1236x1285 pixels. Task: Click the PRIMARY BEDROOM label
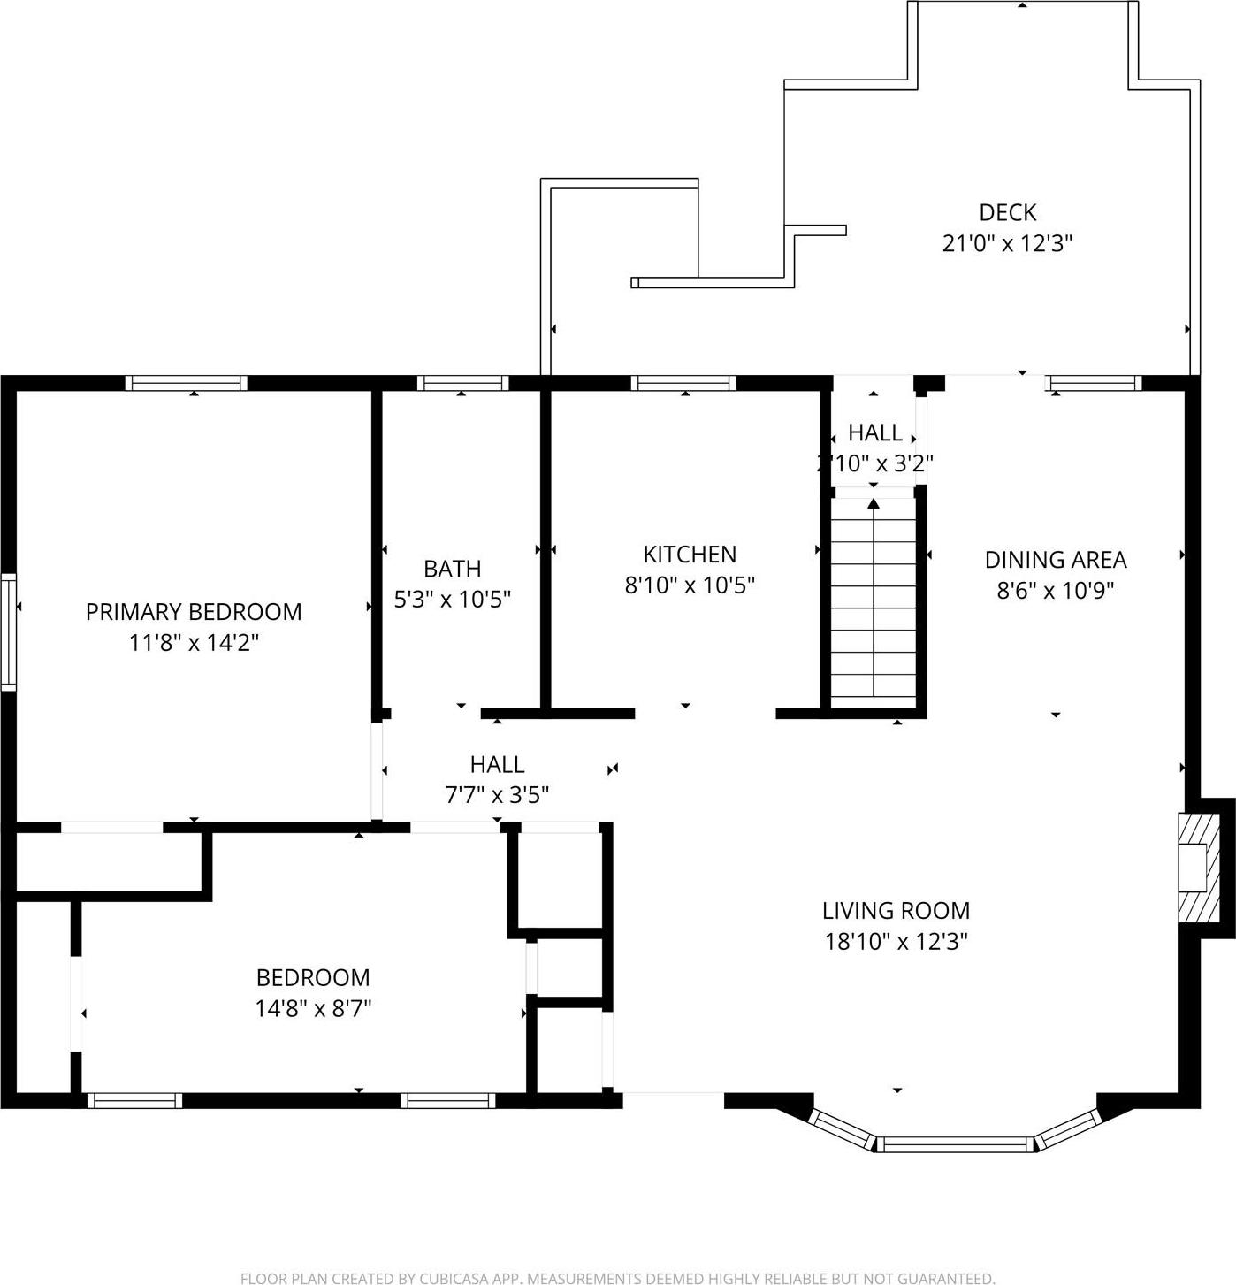pos(194,612)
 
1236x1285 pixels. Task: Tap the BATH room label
pos(452,569)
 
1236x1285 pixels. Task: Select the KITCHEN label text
pos(690,555)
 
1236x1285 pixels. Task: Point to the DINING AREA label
pos(1056,560)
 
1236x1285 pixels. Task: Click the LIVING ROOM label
pos(896,911)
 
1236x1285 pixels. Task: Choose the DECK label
pos(1007,213)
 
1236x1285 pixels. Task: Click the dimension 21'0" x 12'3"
pos(1007,243)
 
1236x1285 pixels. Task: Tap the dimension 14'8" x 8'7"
pos(313,1008)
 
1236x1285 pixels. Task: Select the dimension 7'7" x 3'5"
pos(497,795)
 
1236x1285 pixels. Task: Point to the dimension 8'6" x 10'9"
pos(1056,590)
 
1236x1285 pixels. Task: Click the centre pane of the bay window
pos(956,1144)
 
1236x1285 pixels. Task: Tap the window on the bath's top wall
pos(462,383)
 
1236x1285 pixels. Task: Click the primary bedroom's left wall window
pos(9,631)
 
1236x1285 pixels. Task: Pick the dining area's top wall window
pos(1094,383)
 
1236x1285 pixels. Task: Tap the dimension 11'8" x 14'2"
pos(194,643)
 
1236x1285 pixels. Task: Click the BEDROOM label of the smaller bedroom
pos(313,978)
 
